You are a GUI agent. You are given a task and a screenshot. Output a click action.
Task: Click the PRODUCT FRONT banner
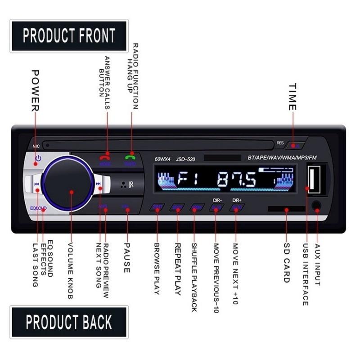[69, 35]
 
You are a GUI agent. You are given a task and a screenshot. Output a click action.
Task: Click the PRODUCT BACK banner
[69, 322]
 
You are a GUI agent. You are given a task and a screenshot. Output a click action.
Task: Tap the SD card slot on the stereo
[286, 209]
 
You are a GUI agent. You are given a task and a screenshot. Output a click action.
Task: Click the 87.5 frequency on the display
[236, 181]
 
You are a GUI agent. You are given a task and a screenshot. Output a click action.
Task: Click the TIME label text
[292, 97]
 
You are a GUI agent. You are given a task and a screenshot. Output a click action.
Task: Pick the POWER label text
[35, 90]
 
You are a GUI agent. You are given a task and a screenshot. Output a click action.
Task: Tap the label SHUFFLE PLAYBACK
[194, 277]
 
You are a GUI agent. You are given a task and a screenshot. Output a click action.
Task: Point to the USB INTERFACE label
[306, 274]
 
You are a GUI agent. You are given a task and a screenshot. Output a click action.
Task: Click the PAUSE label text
[127, 258]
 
